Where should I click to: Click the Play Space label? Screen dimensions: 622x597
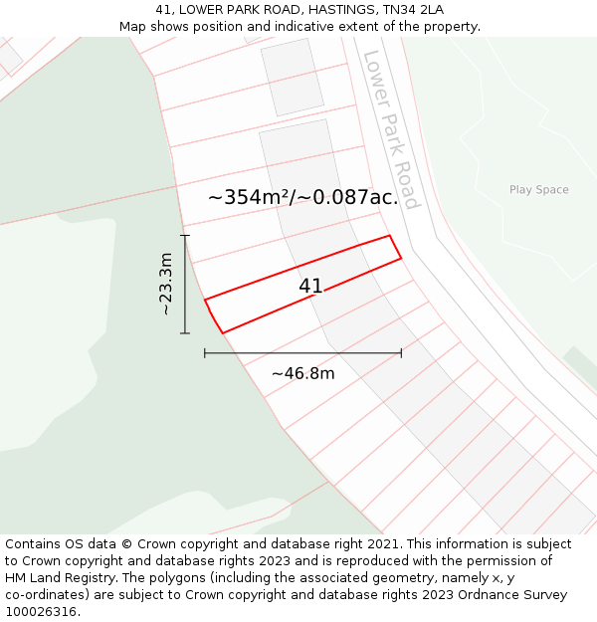pyautogui.click(x=538, y=190)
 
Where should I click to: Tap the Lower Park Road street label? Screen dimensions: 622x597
pyautogui.click(x=391, y=129)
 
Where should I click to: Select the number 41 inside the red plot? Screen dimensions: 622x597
pyautogui.click(x=310, y=287)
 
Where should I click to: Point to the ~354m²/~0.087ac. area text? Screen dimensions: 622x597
pyautogui.click(x=302, y=198)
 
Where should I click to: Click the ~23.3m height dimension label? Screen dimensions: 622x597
pyautogui.click(x=166, y=284)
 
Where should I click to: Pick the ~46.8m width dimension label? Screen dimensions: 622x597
pyautogui.click(x=302, y=373)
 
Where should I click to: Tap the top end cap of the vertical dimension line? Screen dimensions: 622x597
pyautogui.click(x=185, y=236)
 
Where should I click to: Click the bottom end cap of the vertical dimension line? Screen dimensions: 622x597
pyautogui.click(x=185, y=332)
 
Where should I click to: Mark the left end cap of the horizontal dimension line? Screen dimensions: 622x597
pyautogui.click(x=205, y=352)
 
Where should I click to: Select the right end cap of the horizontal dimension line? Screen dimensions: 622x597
pyautogui.click(x=401, y=352)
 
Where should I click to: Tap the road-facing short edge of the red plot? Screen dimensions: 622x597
pyautogui.click(x=395, y=247)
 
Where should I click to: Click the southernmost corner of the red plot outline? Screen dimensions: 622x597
pyautogui.click(x=222, y=332)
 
